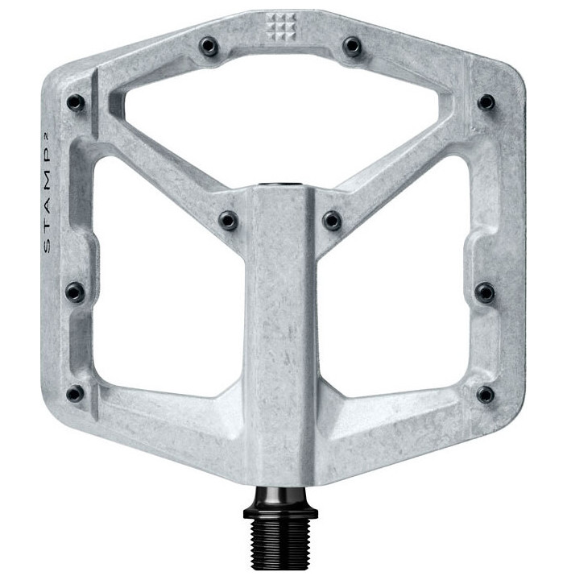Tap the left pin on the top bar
[209, 46]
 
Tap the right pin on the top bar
[351, 46]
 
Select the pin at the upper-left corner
[76, 102]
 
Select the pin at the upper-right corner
[486, 102]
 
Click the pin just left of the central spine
[229, 220]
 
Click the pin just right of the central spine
[332, 220]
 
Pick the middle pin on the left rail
[75, 292]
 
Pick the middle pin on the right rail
[485, 292]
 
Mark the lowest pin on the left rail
[75, 394]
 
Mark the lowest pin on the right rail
[485, 394]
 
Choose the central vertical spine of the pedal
[280, 338]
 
